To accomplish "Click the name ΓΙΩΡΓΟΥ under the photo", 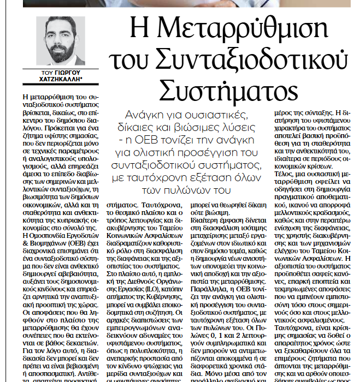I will tap(66, 72).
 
